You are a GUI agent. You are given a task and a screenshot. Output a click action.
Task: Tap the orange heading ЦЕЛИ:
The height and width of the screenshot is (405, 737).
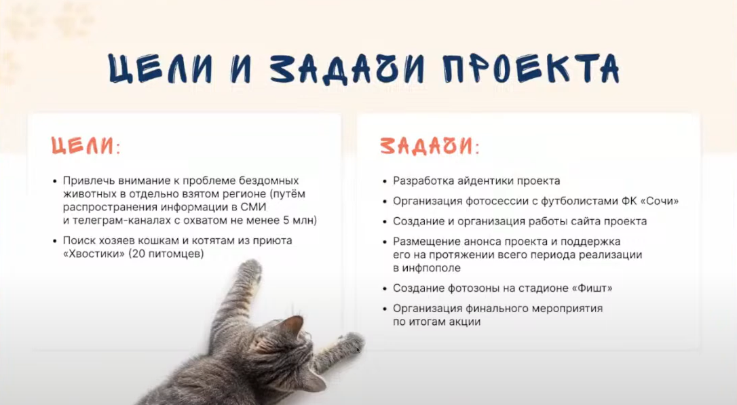(86, 146)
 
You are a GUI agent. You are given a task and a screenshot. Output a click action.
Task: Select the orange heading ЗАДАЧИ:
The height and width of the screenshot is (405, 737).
(430, 146)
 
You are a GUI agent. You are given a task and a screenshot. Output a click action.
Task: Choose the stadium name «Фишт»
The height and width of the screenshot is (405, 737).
(592, 288)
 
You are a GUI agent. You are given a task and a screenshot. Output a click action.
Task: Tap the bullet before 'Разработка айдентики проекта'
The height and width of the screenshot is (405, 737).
(385, 181)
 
